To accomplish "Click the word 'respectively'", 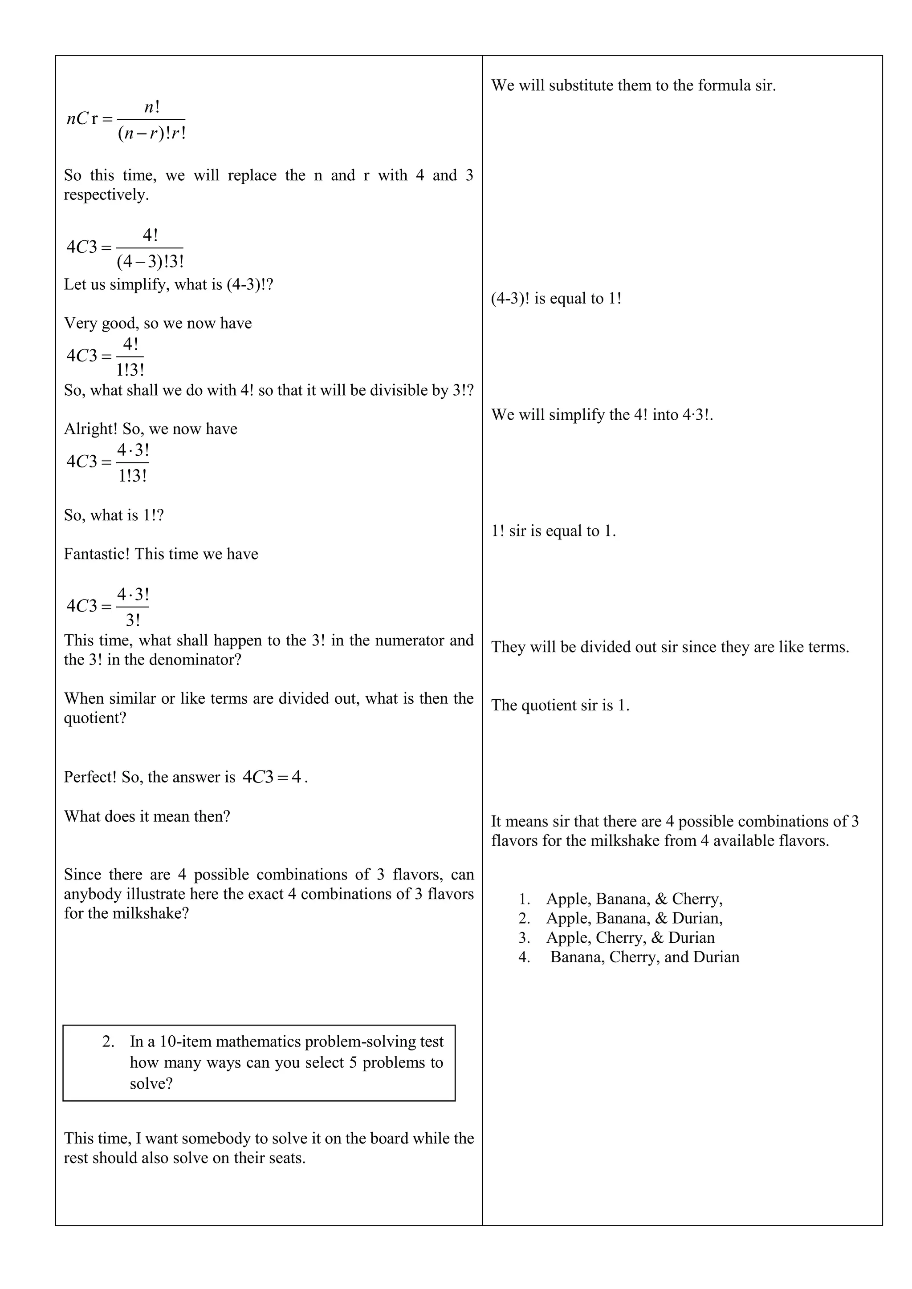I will pos(106,195).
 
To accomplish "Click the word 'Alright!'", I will pos(90,429).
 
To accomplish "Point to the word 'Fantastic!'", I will pos(97,554).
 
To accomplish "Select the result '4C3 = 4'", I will pos(273,777).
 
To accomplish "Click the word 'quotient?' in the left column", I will pos(95,718).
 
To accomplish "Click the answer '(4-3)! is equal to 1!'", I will pos(556,298).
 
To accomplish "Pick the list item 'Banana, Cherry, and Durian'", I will pos(645,957).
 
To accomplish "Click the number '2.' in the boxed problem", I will pos(108,1042).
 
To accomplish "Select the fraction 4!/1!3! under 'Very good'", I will pos(130,357).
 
